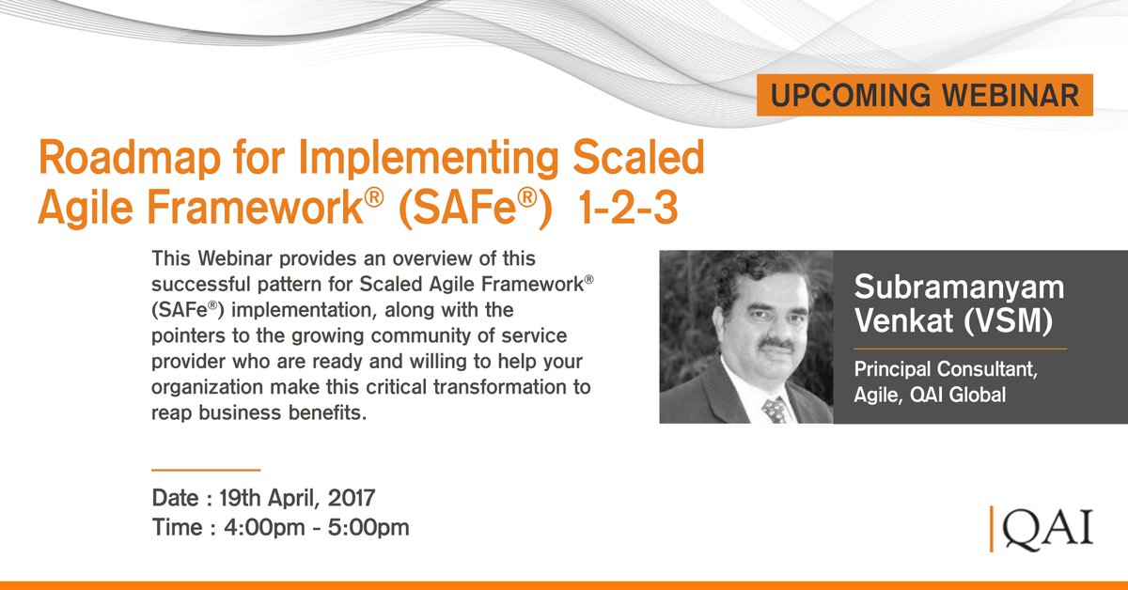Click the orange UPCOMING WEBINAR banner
pos(924,96)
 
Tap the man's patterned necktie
pos(773,409)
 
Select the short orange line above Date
pos(206,468)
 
